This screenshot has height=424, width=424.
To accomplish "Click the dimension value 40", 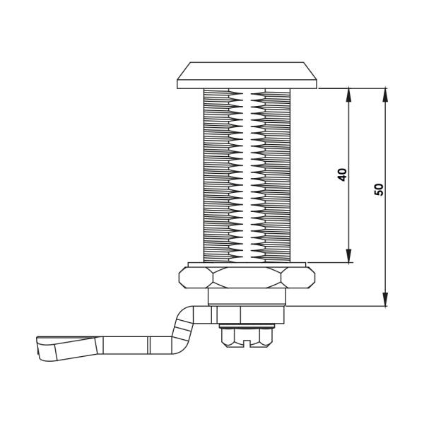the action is pyautogui.click(x=342, y=175).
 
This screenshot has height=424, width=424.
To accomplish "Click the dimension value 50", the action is pyautogui.click(x=379, y=189).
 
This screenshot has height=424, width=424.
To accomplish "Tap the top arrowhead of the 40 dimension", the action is pyautogui.click(x=348, y=95).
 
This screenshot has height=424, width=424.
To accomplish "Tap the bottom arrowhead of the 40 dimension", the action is pyautogui.click(x=348, y=256).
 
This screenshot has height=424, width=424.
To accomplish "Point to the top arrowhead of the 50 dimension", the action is pyautogui.click(x=385, y=95).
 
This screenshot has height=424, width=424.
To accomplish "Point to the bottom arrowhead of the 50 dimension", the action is pyautogui.click(x=385, y=300).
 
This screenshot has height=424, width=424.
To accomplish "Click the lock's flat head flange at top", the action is pyautogui.click(x=247, y=76).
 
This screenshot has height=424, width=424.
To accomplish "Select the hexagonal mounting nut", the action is pyautogui.click(x=247, y=278).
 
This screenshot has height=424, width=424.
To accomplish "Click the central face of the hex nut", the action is pyautogui.click(x=247, y=278).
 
